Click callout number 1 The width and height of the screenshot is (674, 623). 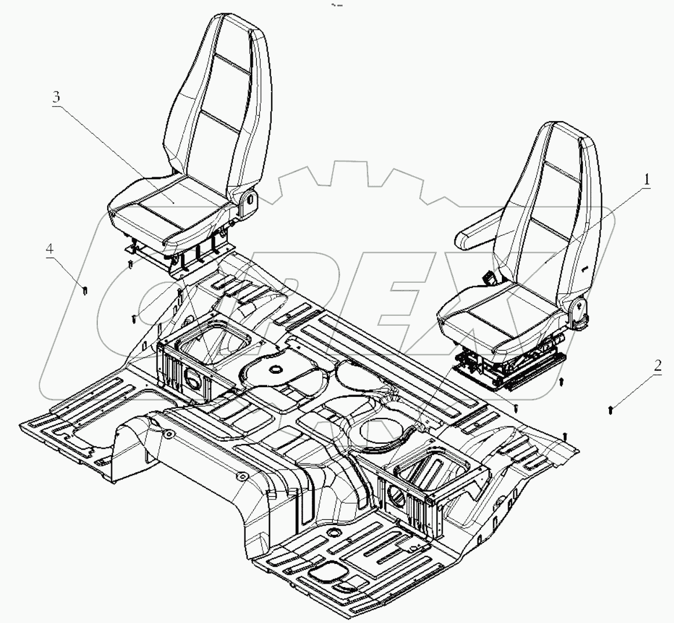coord(645,180)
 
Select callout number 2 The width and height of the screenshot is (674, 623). coord(657,366)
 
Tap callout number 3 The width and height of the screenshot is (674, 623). coord(56,97)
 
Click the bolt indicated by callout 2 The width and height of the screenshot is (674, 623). coord(611,410)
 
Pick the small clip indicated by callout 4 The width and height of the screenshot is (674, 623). coord(85,289)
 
